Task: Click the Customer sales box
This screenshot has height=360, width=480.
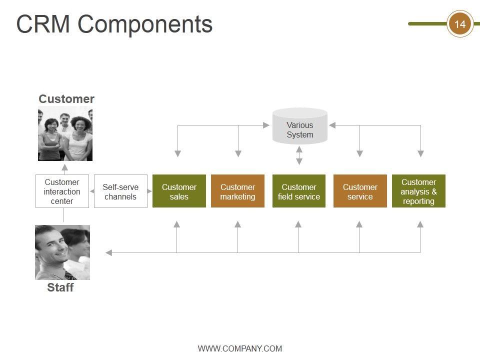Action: [x=179, y=191]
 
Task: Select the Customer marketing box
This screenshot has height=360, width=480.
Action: [x=237, y=191]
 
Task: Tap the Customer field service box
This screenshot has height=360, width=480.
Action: [x=299, y=191]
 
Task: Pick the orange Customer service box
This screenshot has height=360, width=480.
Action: [x=360, y=191]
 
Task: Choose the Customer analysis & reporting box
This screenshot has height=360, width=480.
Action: [x=418, y=191]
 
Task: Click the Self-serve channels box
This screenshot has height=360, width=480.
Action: [x=120, y=191]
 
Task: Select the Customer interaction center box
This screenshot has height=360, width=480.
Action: [x=62, y=191]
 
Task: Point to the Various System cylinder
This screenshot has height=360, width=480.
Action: [x=300, y=126]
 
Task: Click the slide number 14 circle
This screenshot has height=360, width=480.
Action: [x=460, y=24]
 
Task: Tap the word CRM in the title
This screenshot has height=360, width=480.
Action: [x=43, y=24]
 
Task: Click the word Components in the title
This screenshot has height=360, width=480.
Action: [x=145, y=25]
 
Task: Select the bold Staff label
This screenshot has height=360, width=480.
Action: [x=60, y=287]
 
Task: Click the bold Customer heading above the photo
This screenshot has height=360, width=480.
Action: [x=66, y=99]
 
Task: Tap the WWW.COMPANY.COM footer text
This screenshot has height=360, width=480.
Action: [x=240, y=348]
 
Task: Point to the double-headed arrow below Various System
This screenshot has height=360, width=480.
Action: [x=299, y=155]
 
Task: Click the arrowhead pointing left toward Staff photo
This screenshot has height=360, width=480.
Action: [x=108, y=253]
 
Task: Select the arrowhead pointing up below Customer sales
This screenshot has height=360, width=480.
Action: [x=176, y=224]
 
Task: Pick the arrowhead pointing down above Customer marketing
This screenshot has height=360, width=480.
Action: [x=238, y=153]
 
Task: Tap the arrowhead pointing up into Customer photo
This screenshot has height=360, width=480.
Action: [x=64, y=167]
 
